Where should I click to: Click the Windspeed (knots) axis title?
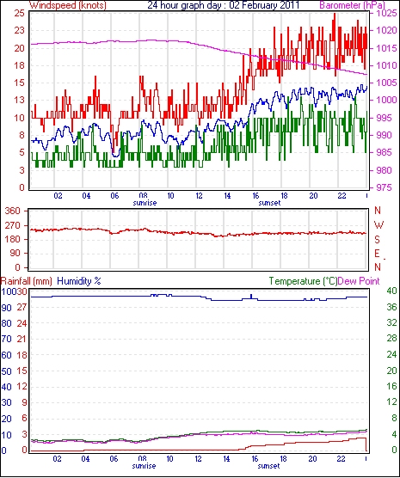[67, 5]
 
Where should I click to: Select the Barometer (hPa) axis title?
[353, 5]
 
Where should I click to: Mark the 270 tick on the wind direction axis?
[14, 225]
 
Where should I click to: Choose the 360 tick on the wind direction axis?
[14, 211]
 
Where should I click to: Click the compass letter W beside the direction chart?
[378, 225]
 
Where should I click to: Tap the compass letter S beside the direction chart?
[377, 240]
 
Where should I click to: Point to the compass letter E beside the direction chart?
[377, 254]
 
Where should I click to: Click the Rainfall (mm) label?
[27, 281]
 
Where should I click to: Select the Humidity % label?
[79, 281]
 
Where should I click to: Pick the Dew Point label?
[359, 281]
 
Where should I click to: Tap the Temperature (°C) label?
[304, 281]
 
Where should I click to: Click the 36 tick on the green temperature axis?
[391, 307]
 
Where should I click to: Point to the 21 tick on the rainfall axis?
[22, 339]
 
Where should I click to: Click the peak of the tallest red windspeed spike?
[335, 14]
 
